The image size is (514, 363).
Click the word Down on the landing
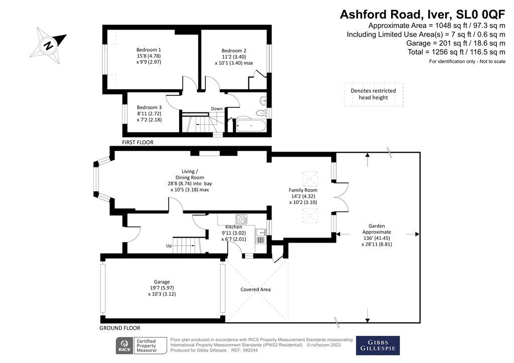[217, 108]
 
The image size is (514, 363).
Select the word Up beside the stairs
[169, 246]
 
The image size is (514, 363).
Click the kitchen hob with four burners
[241, 219]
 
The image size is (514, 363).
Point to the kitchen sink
[261, 233]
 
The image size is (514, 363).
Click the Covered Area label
[255, 289]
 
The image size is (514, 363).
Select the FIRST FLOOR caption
[138, 143]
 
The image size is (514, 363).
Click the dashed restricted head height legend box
[373, 94]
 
